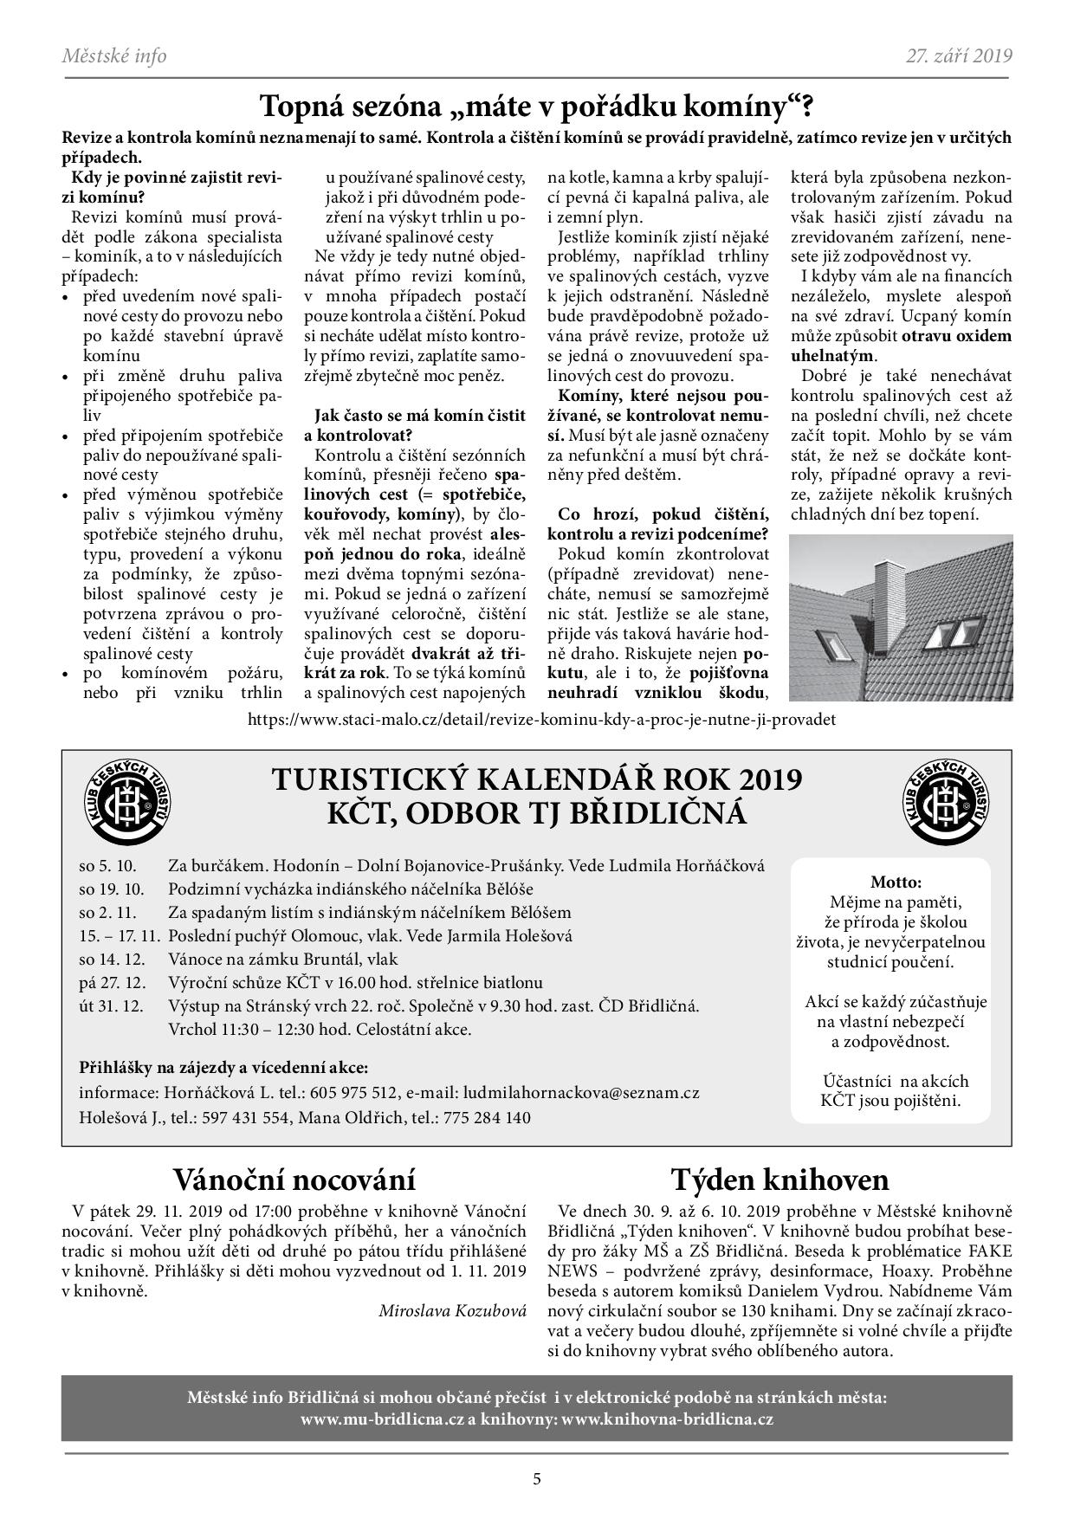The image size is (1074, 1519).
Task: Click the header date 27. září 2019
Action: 959,56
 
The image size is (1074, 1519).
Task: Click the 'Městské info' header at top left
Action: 113,56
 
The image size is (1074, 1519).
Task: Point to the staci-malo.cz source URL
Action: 541,720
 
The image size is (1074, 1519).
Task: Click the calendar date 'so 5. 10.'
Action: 107,865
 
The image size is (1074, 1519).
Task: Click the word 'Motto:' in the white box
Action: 896,882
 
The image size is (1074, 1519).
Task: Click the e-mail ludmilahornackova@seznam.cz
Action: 580,1093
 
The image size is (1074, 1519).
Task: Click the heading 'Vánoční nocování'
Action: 294,1180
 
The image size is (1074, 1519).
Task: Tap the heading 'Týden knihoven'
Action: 779,1180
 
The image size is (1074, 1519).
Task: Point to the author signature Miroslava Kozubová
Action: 452,1311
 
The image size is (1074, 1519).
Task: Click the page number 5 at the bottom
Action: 537,1478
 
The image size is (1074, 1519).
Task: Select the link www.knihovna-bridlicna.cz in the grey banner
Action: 667,1419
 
